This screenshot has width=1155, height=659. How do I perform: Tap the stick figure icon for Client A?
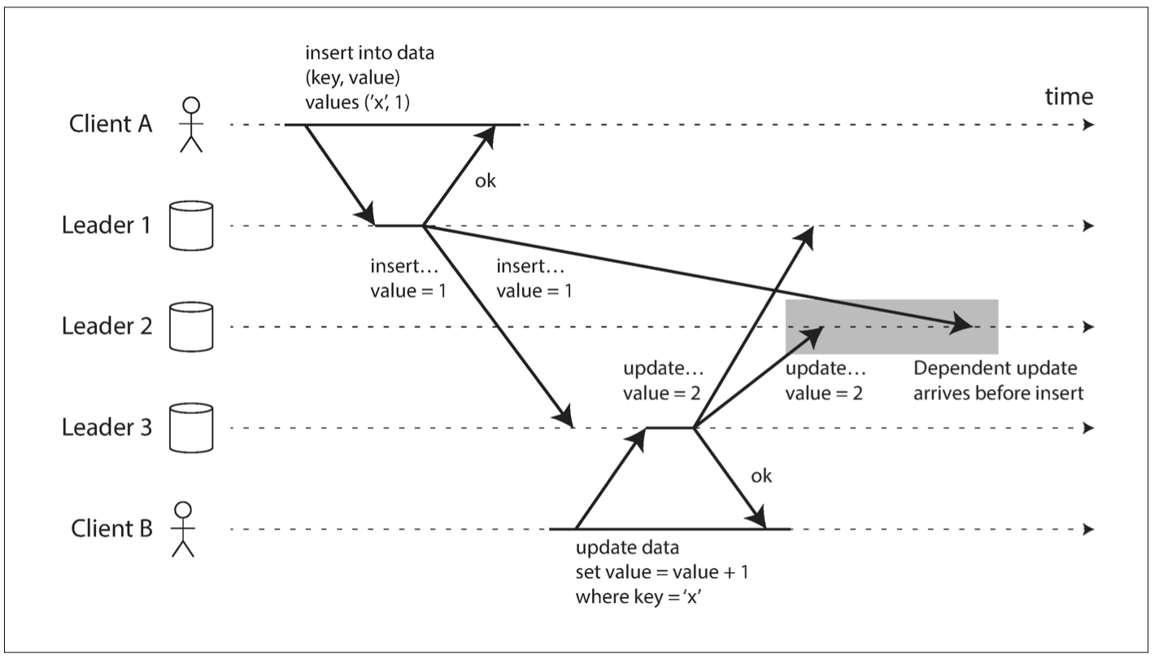pos(190,124)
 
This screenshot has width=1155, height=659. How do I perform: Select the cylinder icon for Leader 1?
pos(190,225)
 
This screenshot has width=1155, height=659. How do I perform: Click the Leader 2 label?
pos(107,326)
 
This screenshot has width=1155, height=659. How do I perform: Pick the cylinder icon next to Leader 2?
pos(190,326)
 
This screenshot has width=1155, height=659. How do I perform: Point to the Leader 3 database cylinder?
pos(190,428)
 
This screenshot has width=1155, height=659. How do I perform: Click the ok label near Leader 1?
pos(485,181)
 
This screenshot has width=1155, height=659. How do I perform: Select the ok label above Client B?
pos(761,476)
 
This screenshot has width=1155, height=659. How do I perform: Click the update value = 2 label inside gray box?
pos(824,380)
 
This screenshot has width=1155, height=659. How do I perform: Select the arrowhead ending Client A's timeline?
pos(1088,125)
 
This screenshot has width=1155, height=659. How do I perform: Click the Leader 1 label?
pos(107,225)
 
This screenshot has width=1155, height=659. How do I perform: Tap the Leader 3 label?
pos(107,428)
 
